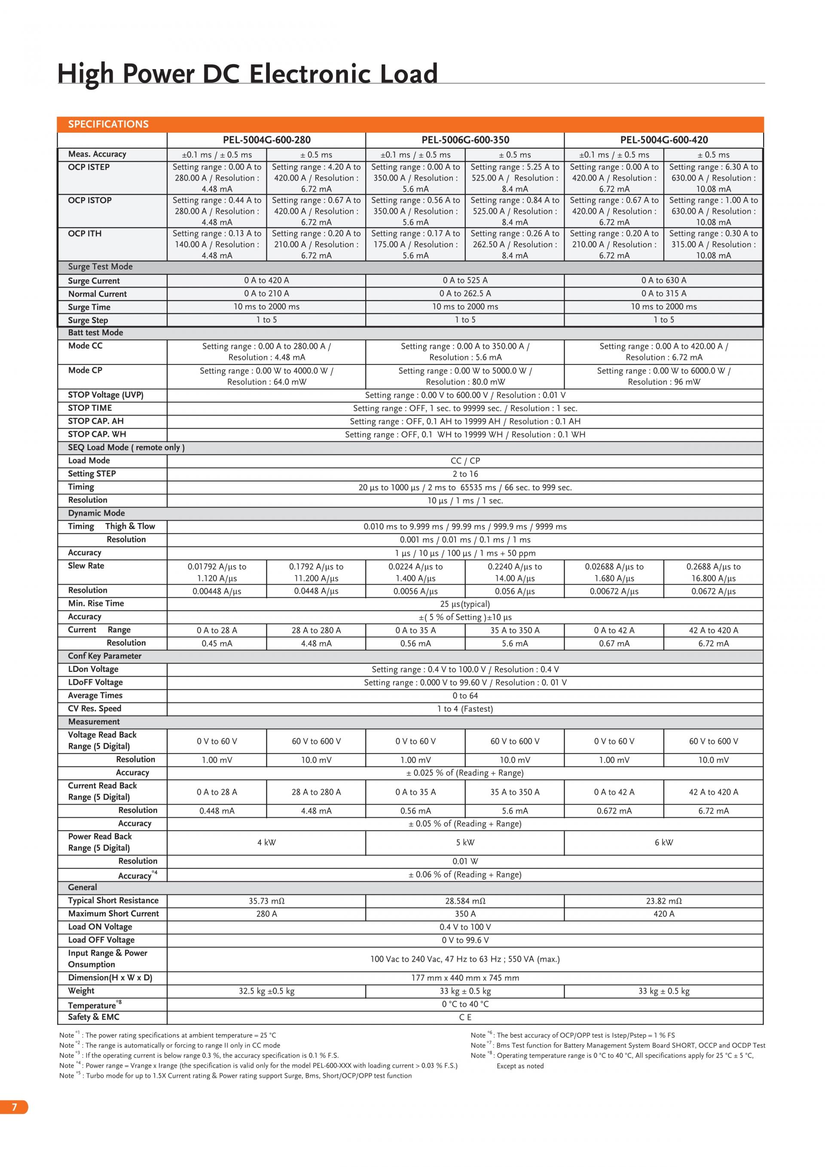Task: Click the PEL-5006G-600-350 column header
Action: pyautogui.click(x=465, y=140)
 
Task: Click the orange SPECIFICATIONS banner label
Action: pyautogui.click(x=108, y=124)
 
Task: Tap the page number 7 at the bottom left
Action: pyautogui.click(x=14, y=1107)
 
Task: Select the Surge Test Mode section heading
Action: pyautogui.click(x=100, y=266)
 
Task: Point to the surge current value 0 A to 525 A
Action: pyautogui.click(x=465, y=280)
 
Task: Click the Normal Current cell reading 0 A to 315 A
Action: pyautogui.click(x=663, y=293)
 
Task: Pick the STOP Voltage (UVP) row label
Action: pyautogui.click(x=106, y=395)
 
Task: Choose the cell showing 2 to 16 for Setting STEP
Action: pyautogui.click(x=465, y=474)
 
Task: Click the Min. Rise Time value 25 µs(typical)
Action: pyautogui.click(x=465, y=604)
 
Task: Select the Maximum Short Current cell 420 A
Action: pyautogui.click(x=663, y=914)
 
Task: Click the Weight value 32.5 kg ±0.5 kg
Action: pyautogui.click(x=266, y=991)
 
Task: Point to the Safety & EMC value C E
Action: pyautogui.click(x=465, y=1017)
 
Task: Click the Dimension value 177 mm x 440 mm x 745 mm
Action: pyautogui.click(x=465, y=977)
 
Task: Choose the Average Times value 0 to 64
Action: pyautogui.click(x=465, y=695)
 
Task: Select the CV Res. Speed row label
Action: pyautogui.click(x=95, y=708)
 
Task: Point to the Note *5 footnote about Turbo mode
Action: pyautogui.click(x=235, y=1075)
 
